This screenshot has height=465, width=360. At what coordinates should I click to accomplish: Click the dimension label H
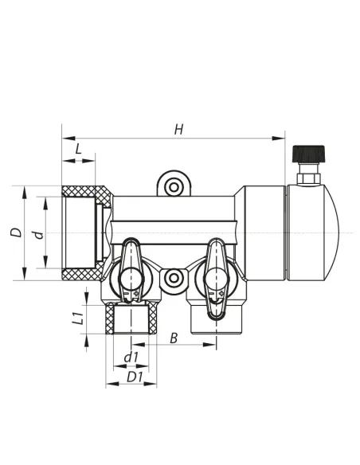coord(178,130)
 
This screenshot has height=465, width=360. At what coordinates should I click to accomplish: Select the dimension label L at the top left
coord(78,149)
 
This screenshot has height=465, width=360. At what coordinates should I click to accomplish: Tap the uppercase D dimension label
coord(16,232)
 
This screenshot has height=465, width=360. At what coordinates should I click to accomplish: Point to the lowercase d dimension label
coord(38,235)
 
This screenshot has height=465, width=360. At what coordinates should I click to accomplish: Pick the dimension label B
coord(174,338)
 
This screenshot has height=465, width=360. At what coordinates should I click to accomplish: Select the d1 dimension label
coord(131,358)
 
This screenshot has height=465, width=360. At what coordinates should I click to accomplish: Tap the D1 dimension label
coord(135,377)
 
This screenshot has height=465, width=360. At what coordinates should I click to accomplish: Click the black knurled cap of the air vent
coord(308,154)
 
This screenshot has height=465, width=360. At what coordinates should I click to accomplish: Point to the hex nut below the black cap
coord(308,178)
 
